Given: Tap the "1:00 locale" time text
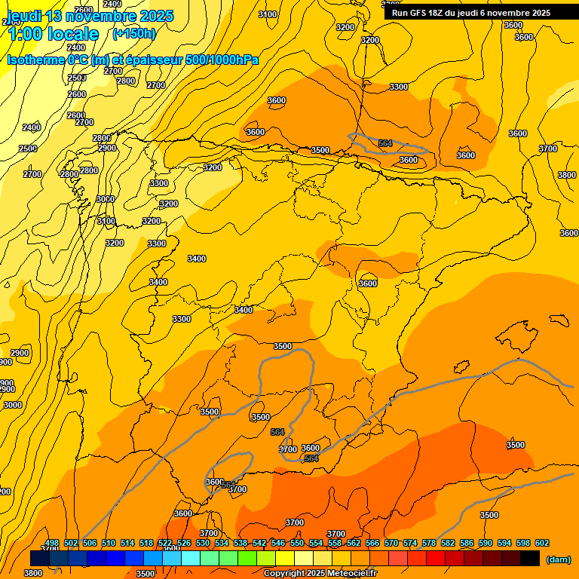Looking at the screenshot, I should [x=53, y=34].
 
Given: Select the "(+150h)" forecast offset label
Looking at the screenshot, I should [x=133, y=34].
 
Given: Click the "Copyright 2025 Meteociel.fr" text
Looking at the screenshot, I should [x=319, y=573].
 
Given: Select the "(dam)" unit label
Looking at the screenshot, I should [x=558, y=559].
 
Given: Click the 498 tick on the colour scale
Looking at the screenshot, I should [x=52, y=543].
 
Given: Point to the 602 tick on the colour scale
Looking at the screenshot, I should [x=542, y=543].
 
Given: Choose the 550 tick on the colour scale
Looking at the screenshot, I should [x=297, y=543].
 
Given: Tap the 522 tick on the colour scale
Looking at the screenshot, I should [x=165, y=543].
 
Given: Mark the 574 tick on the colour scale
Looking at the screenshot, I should [x=410, y=543].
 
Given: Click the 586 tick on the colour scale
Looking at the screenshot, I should [x=467, y=543].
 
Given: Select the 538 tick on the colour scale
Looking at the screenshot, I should [x=240, y=543].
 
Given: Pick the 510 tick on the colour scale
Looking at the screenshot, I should [x=109, y=543].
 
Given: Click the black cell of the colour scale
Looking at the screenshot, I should [x=530, y=559].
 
